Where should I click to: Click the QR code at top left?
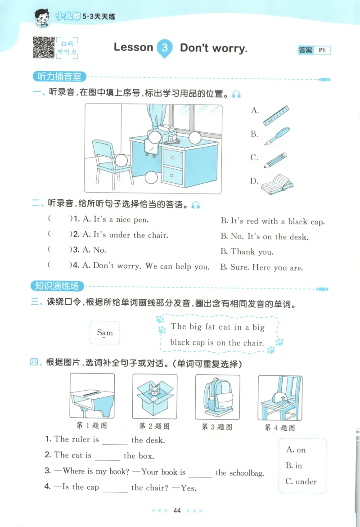coord(44,47)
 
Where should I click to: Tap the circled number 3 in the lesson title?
coord(165,48)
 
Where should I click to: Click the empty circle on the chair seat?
coord(121,160)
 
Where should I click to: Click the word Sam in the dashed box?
coord(105,333)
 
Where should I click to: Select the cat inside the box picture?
coord(155,394)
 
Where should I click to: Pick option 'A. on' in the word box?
coord(296,450)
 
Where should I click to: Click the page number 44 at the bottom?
coord(177,511)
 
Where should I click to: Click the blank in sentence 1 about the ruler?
coord(115,441)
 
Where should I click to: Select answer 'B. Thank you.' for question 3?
coord(247,252)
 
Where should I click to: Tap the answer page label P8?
coord(322,50)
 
